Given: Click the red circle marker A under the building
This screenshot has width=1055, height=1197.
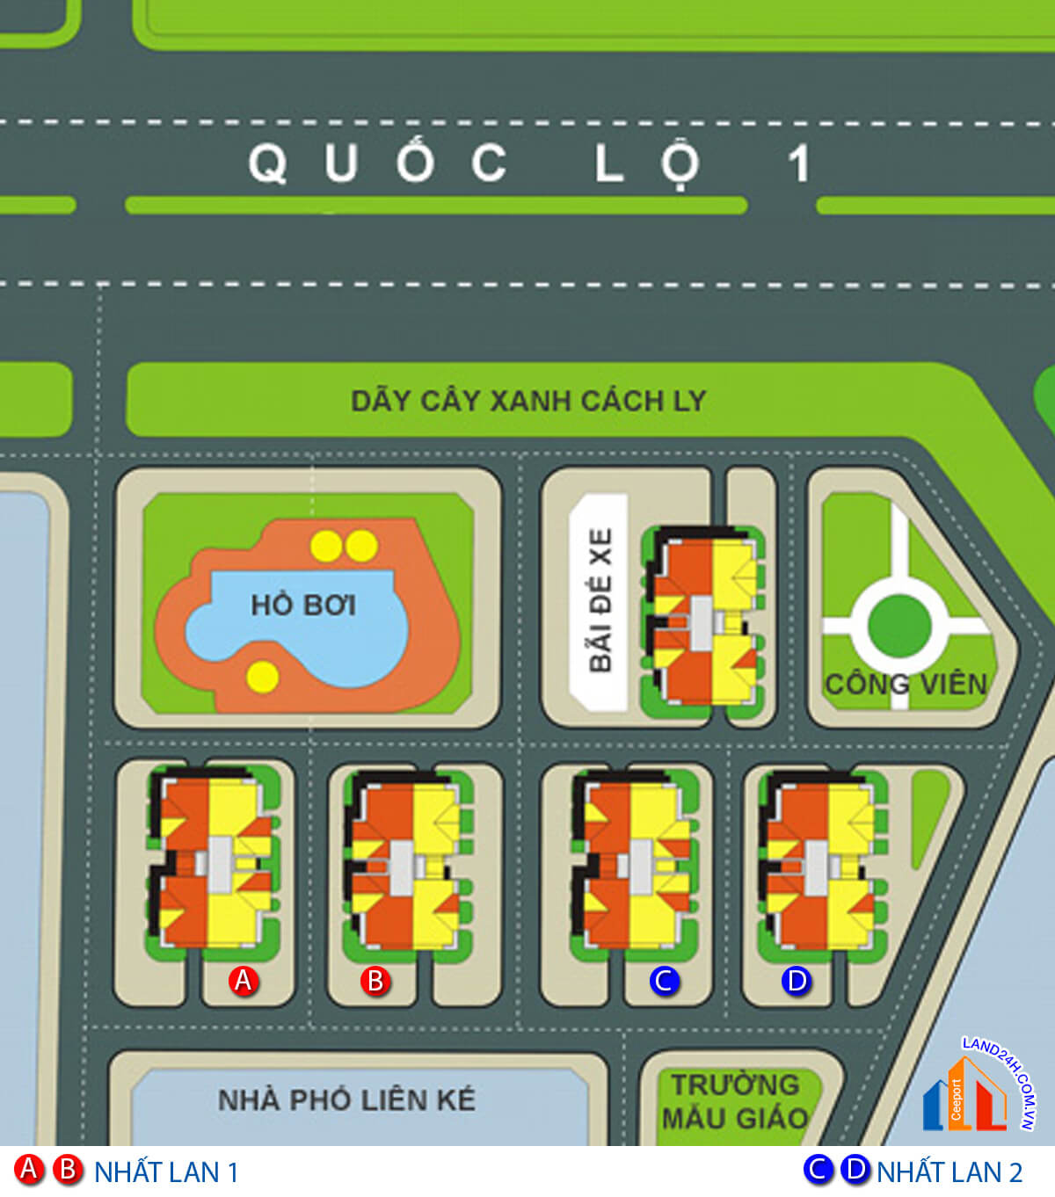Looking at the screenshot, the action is click(x=243, y=980).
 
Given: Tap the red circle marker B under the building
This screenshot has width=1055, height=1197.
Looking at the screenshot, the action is click(x=375, y=980).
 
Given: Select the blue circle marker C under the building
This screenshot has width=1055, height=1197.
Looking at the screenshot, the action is click(x=665, y=980).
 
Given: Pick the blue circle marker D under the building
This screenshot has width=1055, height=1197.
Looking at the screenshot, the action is click(x=797, y=980).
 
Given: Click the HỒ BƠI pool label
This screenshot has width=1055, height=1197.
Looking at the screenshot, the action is click(x=303, y=605).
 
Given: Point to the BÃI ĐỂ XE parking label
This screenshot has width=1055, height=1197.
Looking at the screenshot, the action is click(x=600, y=600).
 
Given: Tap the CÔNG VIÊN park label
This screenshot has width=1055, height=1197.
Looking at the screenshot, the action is click(x=906, y=684).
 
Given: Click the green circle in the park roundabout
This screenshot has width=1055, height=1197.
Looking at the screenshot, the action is click(x=899, y=626).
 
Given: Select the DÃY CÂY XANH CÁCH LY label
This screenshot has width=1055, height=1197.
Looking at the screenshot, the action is click(x=528, y=401).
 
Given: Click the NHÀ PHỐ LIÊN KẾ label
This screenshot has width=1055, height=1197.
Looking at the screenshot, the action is click(x=346, y=1099).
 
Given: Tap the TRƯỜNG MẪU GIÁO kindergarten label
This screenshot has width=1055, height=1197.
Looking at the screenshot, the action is click(x=735, y=1101).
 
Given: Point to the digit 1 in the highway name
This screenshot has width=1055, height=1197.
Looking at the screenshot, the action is click(x=798, y=163).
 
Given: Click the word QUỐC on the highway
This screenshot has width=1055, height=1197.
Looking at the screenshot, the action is click(x=378, y=163).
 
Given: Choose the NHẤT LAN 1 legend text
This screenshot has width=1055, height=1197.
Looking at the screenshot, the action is click(x=166, y=1172).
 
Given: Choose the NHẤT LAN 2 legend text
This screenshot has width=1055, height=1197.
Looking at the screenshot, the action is click(x=949, y=1172).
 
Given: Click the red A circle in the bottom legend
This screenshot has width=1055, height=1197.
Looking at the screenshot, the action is click(x=29, y=1170).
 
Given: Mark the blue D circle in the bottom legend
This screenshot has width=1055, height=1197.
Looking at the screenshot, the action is click(x=855, y=1170).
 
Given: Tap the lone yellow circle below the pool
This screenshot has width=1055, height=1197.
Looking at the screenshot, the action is click(x=263, y=676).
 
